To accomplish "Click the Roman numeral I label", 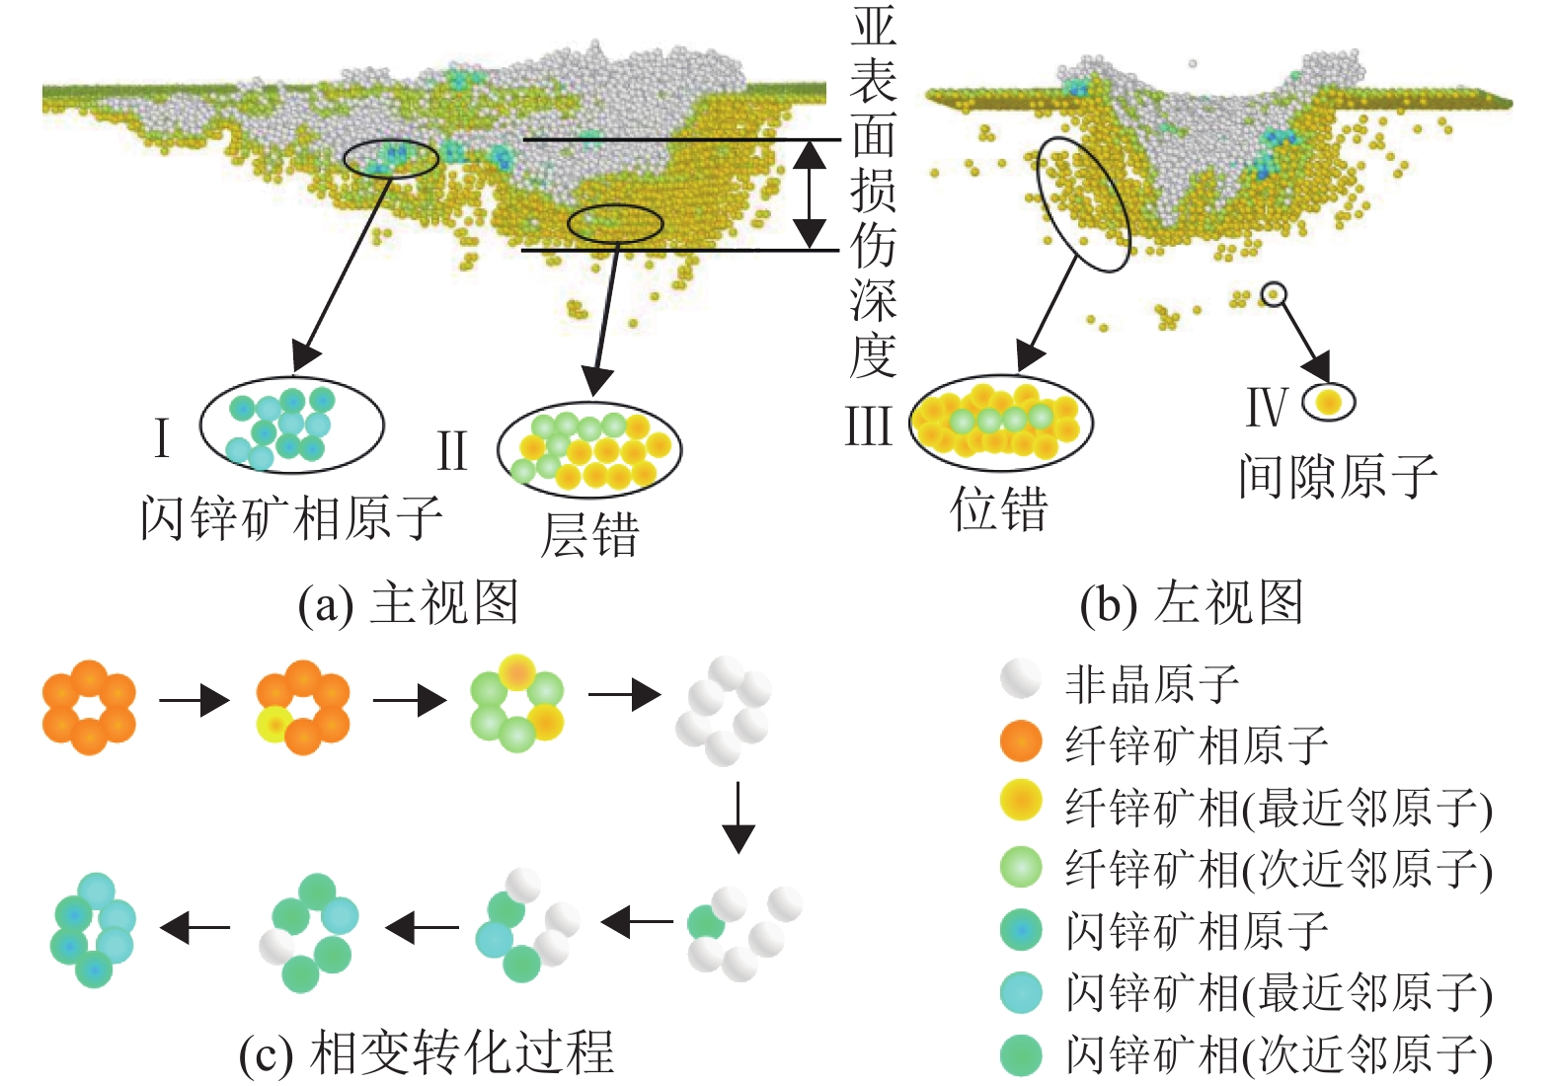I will [x=162, y=437].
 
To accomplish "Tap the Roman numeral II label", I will [x=451, y=451].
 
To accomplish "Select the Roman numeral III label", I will [x=868, y=427].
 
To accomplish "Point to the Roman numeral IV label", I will [x=1268, y=407].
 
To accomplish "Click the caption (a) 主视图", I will [x=409, y=602].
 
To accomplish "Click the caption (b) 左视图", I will [x=1192, y=602].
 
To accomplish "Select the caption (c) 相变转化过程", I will [x=427, y=1052].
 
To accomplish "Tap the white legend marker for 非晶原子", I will [x=1021, y=679].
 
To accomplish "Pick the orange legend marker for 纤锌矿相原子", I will [x=1021, y=740].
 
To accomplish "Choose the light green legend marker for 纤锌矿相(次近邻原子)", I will [x=1021, y=867].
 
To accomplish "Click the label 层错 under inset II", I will [x=589, y=535].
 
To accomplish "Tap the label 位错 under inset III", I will [x=998, y=510].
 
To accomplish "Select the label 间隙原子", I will [x=1338, y=477].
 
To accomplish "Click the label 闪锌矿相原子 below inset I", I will [x=291, y=517].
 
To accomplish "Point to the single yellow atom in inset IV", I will [x=1329, y=402].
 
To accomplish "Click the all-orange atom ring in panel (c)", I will [x=89, y=707].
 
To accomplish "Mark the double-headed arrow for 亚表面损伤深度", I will [x=810, y=194].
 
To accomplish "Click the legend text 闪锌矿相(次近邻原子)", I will [x=1279, y=1054].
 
